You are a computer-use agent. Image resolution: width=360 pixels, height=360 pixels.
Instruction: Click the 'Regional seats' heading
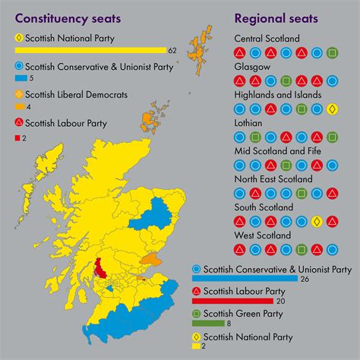[x=276, y=17]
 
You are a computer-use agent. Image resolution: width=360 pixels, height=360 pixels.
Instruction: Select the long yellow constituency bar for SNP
[x=90, y=50]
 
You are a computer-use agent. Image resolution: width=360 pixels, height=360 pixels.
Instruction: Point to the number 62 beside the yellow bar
[x=172, y=50]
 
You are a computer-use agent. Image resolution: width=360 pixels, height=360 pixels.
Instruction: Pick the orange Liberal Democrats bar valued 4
[x=20, y=106]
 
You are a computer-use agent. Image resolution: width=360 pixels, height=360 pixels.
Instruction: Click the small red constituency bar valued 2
[x=17, y=137]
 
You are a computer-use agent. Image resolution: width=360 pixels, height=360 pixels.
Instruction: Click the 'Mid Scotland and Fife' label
[x=278, y=151]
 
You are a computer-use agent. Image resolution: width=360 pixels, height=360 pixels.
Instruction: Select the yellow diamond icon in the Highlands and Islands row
[x=331, y=109]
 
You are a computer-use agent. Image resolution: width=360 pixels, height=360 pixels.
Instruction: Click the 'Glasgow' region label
[x=251, y=67]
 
